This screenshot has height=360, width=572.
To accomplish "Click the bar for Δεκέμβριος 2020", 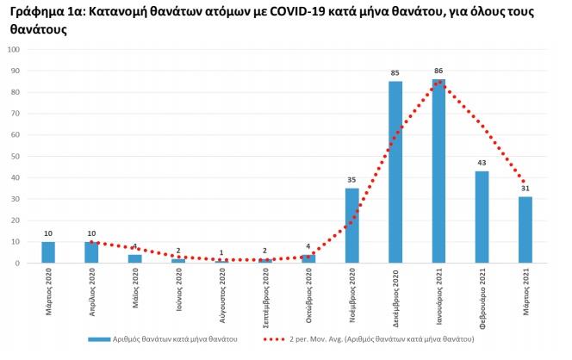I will [x=395, y=172].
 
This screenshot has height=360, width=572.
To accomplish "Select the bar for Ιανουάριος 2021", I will [x=439, y=171].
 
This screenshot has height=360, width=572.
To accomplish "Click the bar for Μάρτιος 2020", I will [x=48, y=252].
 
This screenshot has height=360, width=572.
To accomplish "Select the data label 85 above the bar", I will [x=395, y=72].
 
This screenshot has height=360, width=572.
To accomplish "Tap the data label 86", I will [x=439, y=70].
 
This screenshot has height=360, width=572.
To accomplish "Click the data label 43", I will [x=482, y=162].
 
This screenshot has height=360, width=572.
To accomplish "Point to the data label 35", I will [x=351, y=179].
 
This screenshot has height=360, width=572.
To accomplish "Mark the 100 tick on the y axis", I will [x=14, y=49].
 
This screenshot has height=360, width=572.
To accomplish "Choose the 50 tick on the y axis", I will [x=16, y=156].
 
